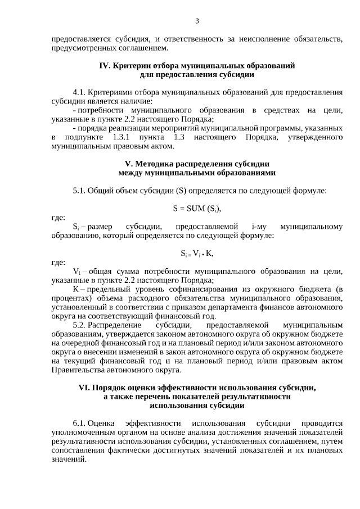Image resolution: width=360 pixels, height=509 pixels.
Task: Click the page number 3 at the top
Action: [x=197, y=21]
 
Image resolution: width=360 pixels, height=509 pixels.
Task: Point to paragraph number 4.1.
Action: [x=79, y=91]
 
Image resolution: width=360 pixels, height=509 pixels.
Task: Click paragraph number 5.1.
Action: [x=79, y=190]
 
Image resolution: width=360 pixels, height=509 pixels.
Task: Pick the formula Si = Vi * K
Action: [x=197, y=253]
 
